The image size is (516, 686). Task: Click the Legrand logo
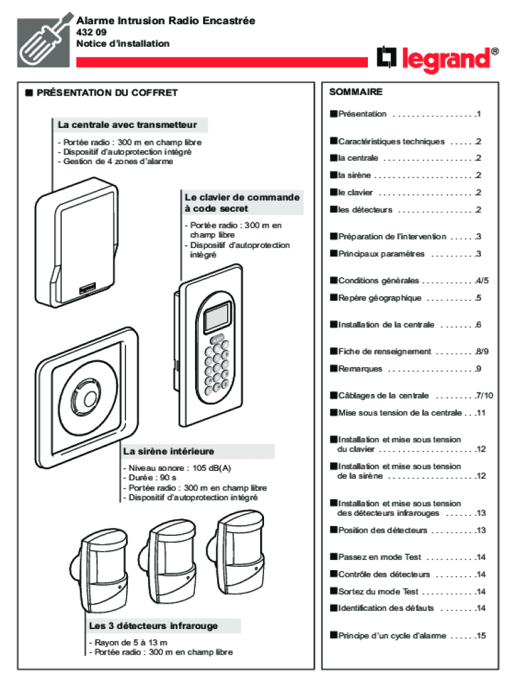pyautogui.click(x=438, y=60)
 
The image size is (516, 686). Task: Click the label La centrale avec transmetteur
pyautogui.click(x=127, y=125)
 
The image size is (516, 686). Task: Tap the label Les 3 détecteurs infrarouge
pyautogui.click(x=153, y=626)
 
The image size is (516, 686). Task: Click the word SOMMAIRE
pyautogui.click(x=356, y=92)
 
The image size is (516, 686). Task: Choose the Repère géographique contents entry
pyautogui.click(x=379, y=297)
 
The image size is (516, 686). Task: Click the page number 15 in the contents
pyautogui.click(x=480, y=636)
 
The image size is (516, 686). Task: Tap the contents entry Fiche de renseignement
pyautogui.click(x=385, y=351)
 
